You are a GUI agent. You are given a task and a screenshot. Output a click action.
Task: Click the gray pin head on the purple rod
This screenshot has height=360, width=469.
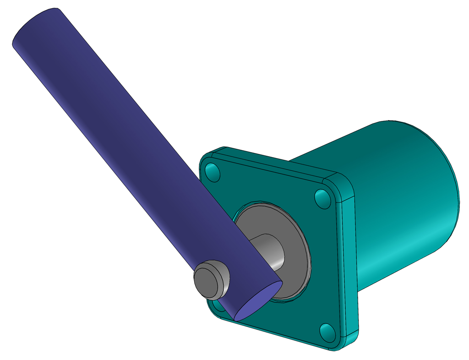point(212,279)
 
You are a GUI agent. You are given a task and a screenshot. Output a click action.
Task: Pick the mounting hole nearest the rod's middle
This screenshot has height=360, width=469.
point(213,172)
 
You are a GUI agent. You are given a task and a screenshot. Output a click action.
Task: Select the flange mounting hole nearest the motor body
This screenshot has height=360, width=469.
point(323,197)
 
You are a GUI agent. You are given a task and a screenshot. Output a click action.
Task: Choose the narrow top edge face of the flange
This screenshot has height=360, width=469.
point(275,163)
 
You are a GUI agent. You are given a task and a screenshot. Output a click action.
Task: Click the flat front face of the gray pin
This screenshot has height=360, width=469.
point(205,281)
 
